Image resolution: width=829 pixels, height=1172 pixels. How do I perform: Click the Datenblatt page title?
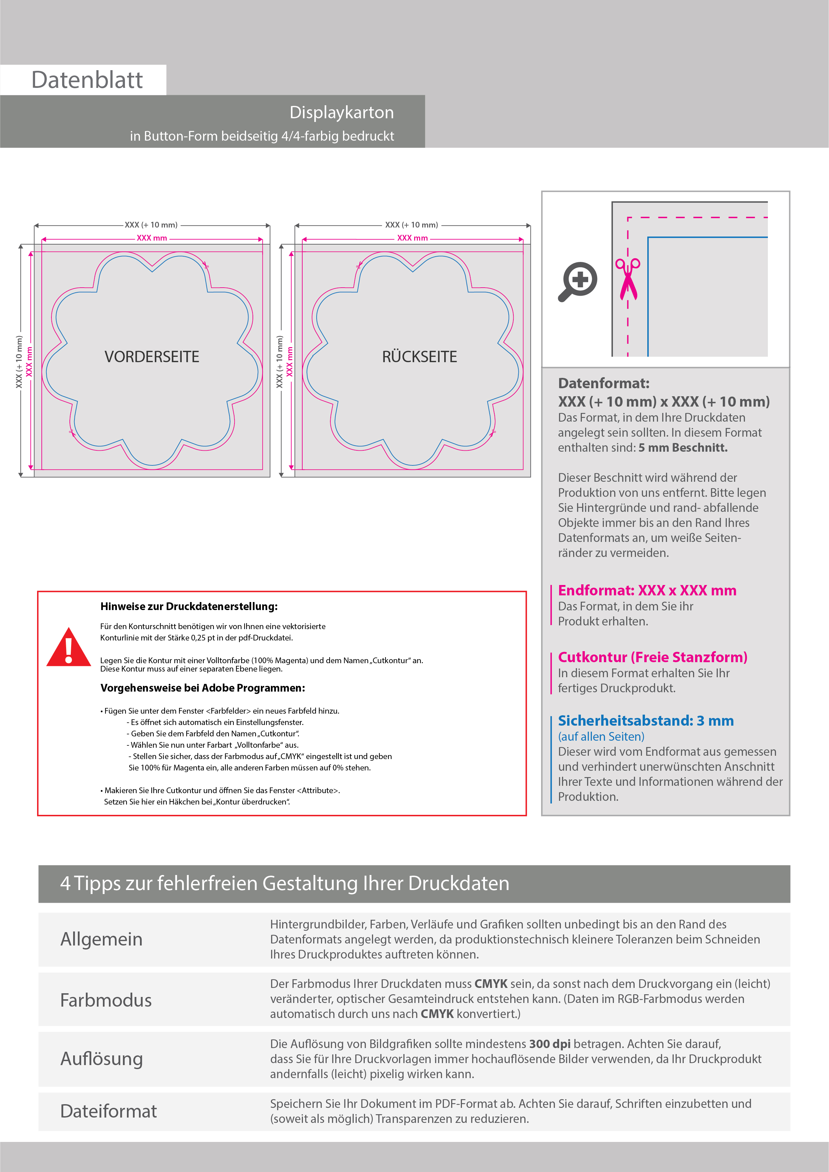point(87,80)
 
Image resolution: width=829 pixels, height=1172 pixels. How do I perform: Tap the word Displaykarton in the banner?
point(341,112)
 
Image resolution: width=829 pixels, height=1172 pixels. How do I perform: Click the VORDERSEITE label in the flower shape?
point(152,357)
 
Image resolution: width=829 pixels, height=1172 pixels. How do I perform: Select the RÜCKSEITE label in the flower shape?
point(419,357)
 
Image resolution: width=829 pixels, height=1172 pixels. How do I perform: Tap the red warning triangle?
point(68,647)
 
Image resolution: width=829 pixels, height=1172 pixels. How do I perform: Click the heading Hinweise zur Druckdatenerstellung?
point(189,606)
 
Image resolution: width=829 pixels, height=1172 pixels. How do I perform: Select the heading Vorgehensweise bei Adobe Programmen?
point(203,688)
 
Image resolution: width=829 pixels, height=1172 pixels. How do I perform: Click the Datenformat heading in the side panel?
point(603,383)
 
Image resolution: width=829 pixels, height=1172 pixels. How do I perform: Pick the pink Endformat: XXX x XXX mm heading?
point(647,591)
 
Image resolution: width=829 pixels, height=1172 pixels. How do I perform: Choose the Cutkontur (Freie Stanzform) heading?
point(652,657)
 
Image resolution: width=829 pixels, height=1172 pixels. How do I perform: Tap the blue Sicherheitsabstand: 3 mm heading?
point(646,721)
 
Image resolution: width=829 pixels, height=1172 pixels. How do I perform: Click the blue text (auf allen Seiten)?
point(601,737)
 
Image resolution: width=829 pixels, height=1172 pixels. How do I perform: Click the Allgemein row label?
point(102,939)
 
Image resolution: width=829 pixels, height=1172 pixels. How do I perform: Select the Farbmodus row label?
point(106,1000)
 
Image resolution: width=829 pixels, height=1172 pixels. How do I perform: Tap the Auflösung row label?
point(102,1059)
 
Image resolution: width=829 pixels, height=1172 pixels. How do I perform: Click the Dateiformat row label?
point(108,1111)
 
